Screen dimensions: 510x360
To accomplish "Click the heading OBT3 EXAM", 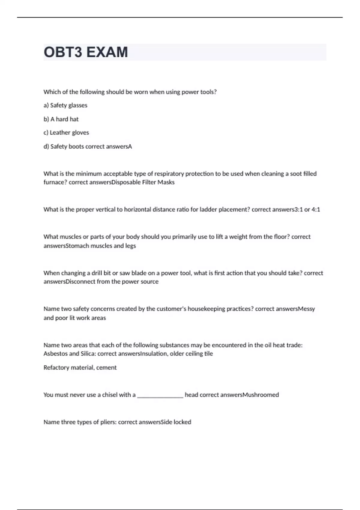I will tap(86, 52).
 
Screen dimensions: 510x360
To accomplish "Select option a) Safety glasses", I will tap(65, 105).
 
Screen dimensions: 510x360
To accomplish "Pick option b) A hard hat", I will tap(61, 119).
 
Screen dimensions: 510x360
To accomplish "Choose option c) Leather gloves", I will tap(66, 133).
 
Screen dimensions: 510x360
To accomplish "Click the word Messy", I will tap(306, 309).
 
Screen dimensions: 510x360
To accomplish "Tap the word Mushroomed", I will tap(261, 395).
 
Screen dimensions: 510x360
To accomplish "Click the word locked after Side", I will tap(182, 422).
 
